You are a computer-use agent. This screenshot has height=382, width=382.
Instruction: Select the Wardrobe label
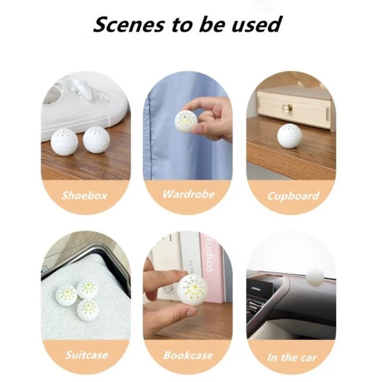(x=188, y=194)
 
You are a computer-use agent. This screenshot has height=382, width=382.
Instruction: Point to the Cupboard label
(x=291, y=195)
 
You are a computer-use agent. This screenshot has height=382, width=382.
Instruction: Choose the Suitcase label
(x=86, y=355)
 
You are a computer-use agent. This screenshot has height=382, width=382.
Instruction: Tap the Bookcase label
(x=188, y=355)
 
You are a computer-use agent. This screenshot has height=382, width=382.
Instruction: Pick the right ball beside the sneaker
(x=96, y=140)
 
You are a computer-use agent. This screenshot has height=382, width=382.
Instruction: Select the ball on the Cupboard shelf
(x=289, y=135)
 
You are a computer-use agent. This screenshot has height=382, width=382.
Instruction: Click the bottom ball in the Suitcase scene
(x=88, y=310)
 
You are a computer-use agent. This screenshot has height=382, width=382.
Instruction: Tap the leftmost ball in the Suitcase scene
(x=66, y=294)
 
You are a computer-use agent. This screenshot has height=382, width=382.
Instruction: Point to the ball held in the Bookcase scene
(x=192, y=289)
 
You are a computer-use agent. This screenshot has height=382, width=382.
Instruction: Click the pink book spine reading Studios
(x=210, y=266)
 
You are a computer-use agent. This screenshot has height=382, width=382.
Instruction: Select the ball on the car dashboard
(x=314, y=277)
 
